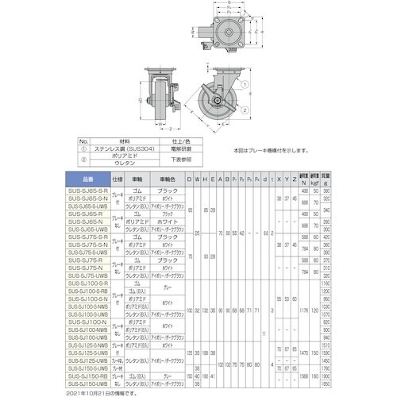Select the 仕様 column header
[118, 179]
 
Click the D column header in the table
[188, 179]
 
